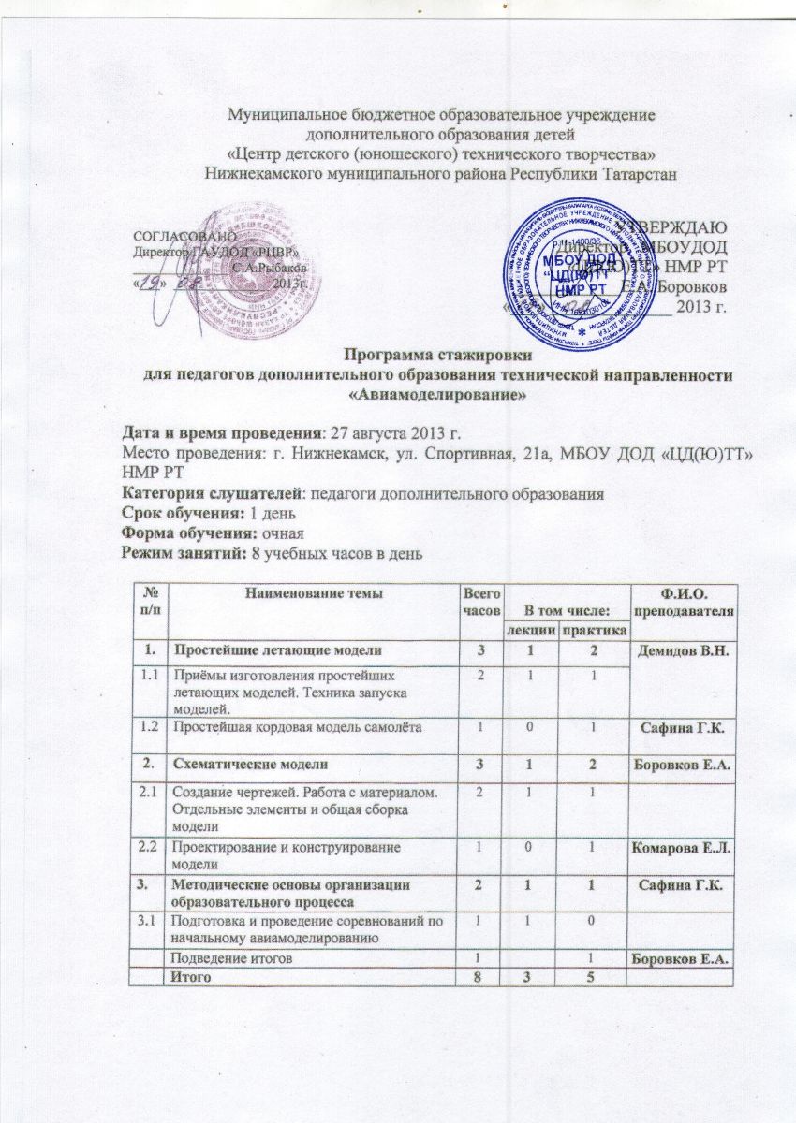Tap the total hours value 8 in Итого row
click(x=477, y=977)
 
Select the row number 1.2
click(x=146, y=727)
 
